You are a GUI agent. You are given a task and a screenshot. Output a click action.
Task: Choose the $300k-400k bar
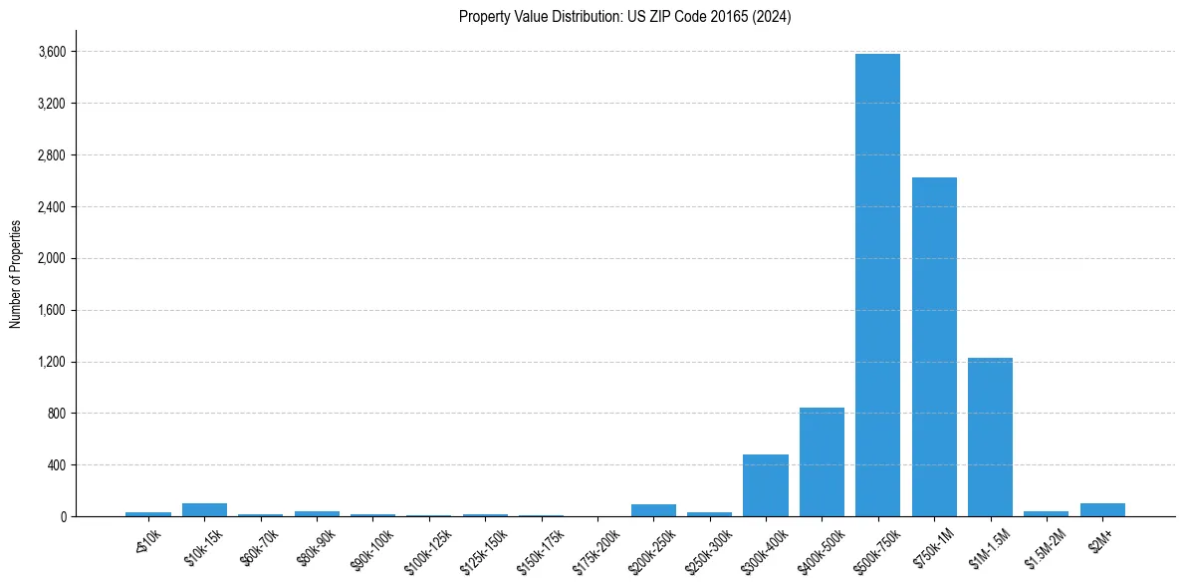[x=766, y=485]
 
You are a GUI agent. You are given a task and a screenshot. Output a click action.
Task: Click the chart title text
[x=624, y=17]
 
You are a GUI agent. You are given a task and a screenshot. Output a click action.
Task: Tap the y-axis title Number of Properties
[x=15, y=274]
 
